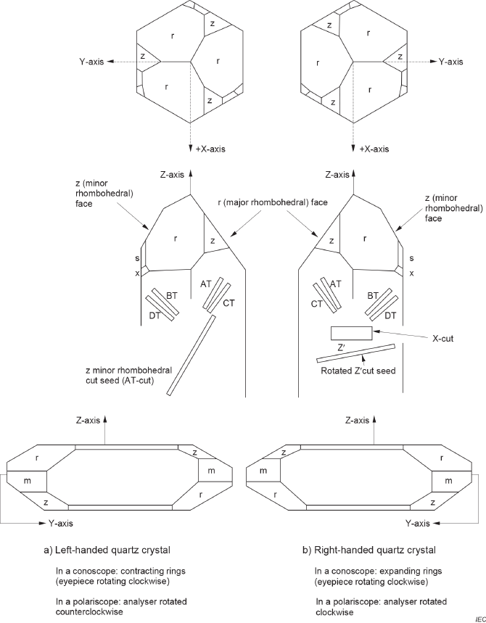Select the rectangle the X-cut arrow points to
pos(351,334)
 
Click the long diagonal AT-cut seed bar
pos(191,355)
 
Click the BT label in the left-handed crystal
pos(172,296)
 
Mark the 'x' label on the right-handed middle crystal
pos(412,273)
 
